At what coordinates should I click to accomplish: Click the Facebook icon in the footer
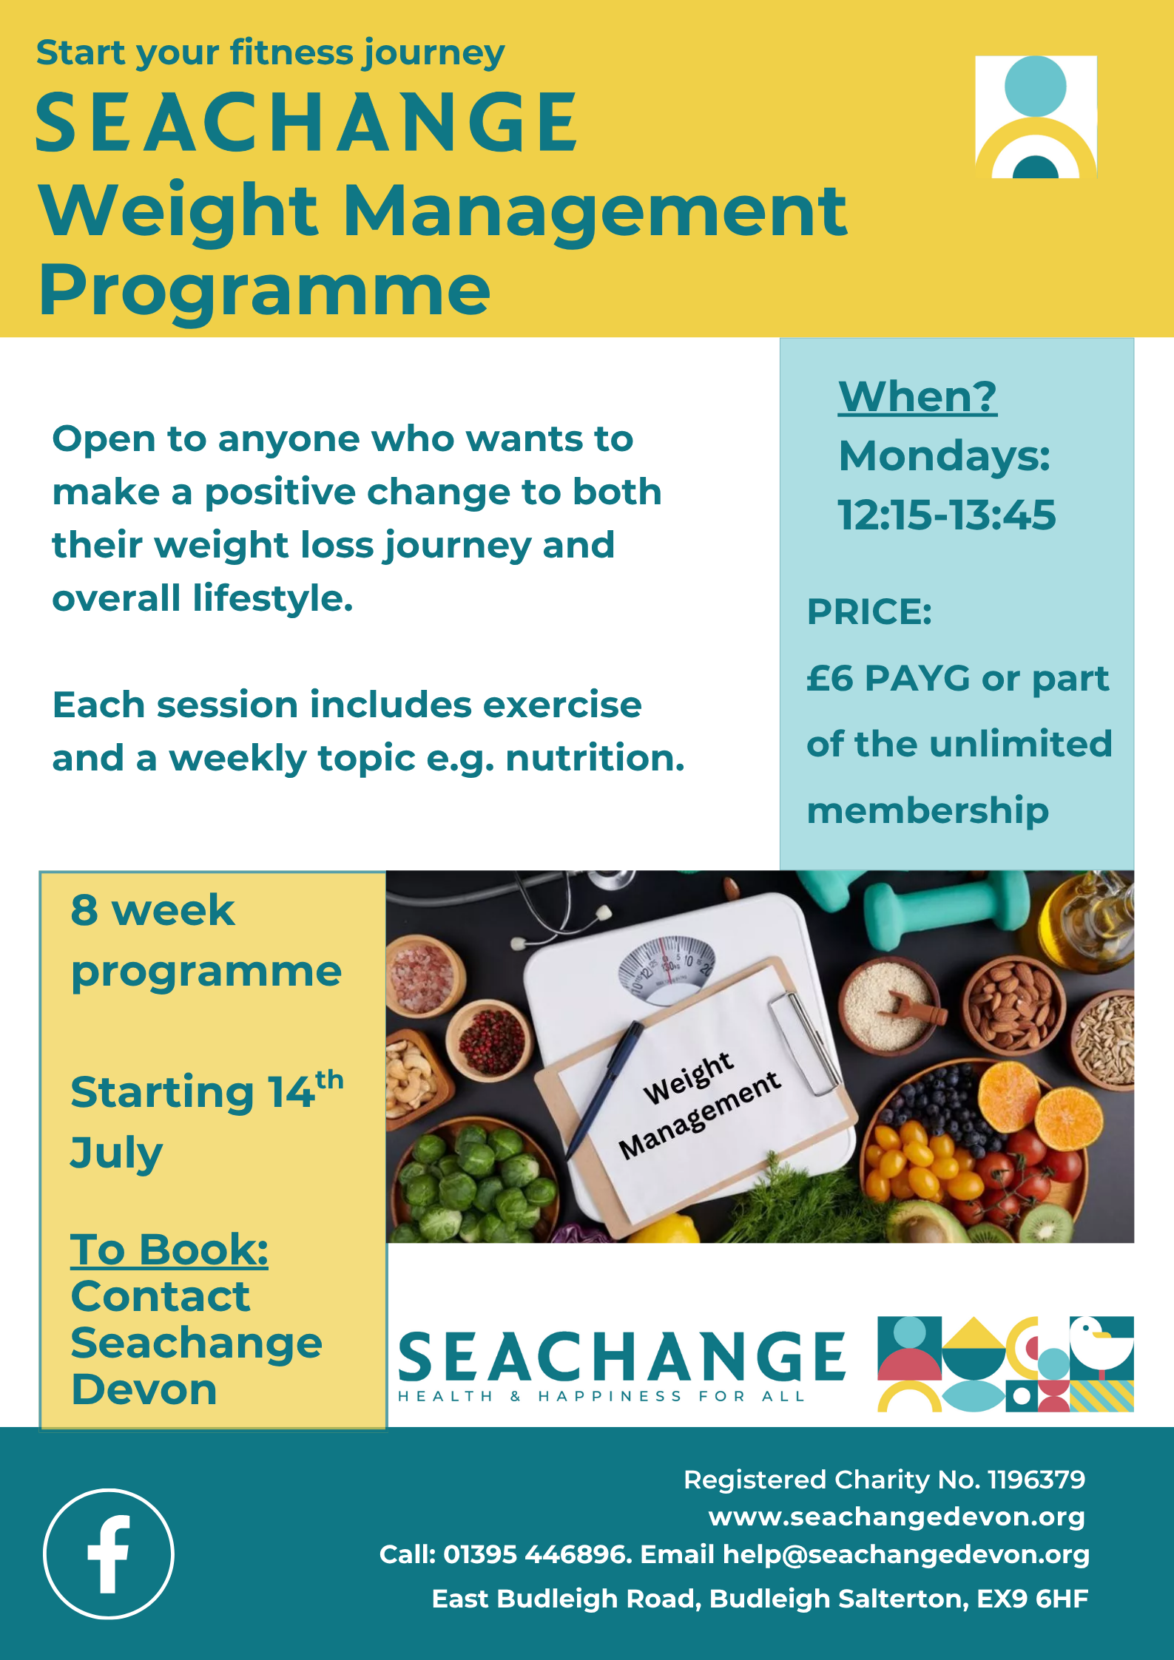click(x=109, y=1554)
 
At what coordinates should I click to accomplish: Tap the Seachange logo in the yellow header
click(x=1036, y=117)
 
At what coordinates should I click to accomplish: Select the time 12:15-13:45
click(x=946, y=515)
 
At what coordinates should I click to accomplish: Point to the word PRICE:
click(x=869, y=612)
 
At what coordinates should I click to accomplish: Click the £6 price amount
click(x=830, y=678)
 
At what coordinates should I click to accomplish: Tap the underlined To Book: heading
click(x=169, y=1249)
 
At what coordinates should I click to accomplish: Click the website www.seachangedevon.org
click(x=897, y=1517)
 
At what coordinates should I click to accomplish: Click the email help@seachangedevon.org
click(x=905, y=1554)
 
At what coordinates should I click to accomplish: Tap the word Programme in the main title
click(x=265, y=290)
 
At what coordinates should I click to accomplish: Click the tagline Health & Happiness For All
click(x=601, y=1396)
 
